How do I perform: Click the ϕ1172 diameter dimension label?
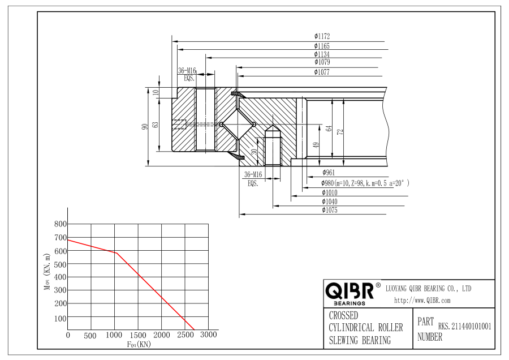(322, 36)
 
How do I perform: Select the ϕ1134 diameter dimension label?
(322, 54)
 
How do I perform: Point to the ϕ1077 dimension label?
(322, 72)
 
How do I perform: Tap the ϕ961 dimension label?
(329, 173)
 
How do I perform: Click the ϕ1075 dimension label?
(330, 210)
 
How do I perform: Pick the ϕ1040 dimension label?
(330, 202)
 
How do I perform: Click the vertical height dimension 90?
(145, 126)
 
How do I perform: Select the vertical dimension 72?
(340, 132)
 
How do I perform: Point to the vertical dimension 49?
(317, 144)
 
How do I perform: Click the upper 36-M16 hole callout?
(187, 74)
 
